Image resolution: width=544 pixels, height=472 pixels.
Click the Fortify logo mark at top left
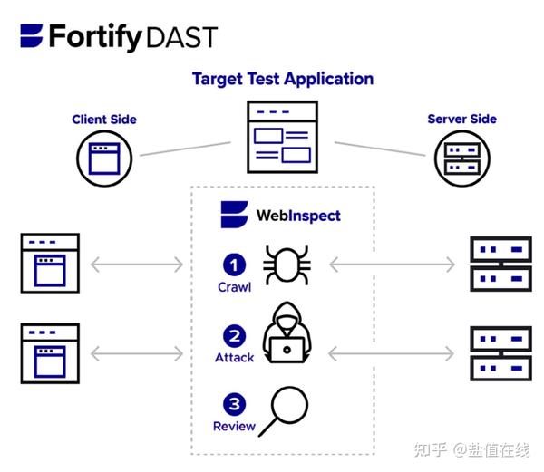32,36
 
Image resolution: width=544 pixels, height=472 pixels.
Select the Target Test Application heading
282,79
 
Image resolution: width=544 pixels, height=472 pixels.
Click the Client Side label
104,120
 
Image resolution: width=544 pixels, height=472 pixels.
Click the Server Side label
461,119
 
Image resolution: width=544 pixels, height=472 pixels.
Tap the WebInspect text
297,216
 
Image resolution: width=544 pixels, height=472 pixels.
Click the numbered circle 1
235,265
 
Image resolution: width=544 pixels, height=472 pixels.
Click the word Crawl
234,287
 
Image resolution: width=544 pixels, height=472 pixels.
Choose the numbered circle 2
235,335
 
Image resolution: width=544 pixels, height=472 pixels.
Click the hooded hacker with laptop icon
287,333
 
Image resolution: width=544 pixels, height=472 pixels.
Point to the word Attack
234,358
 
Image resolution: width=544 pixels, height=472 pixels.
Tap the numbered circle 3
235,403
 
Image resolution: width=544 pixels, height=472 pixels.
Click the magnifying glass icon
286,408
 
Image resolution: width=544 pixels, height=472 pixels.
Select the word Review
234,426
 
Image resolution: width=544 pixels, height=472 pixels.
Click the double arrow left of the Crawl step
139,265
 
